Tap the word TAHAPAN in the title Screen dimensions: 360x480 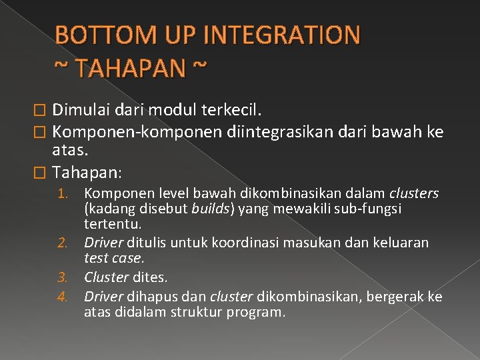123,67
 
